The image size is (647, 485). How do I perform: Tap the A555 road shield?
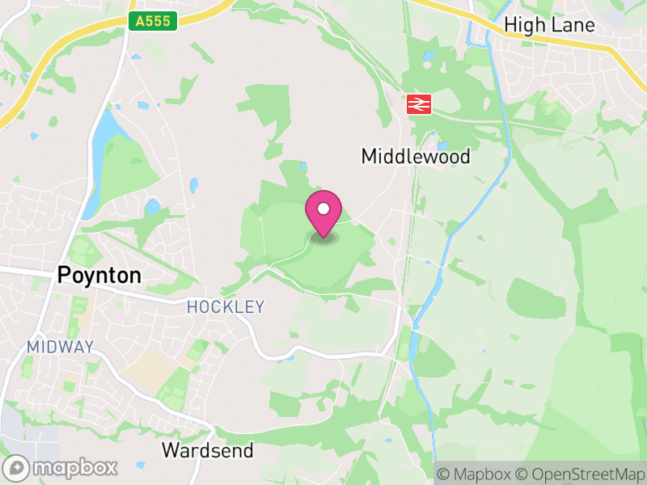pos(154,22)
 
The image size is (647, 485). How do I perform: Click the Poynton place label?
pos(99,276)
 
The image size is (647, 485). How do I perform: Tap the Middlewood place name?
pos(415,157)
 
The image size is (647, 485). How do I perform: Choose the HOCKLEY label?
pos(226,307)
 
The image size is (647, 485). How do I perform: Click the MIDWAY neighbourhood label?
pos(61,347)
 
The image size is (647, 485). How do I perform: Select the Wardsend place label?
pos(207,450)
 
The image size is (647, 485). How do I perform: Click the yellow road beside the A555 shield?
pos(89,32)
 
